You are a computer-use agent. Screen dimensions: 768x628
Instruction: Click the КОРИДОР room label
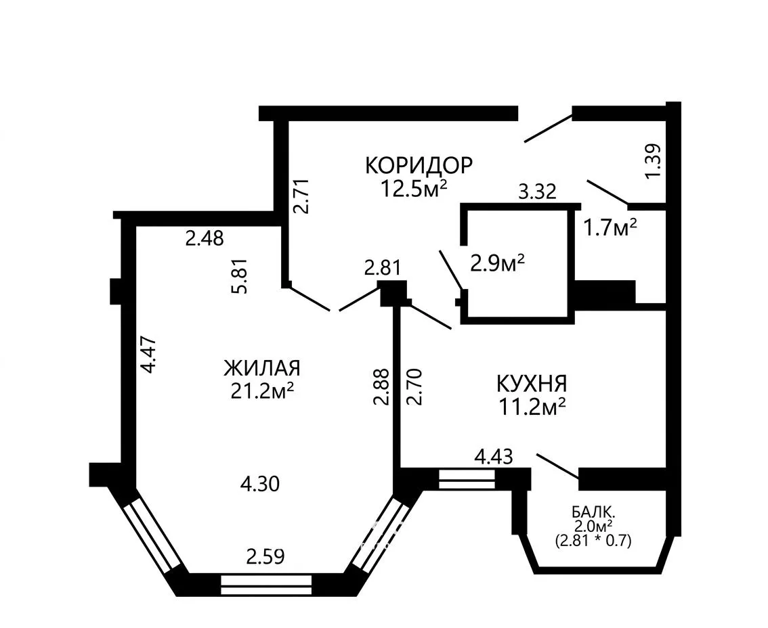[419, 165]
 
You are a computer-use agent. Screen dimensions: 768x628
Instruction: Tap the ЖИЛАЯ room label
[262, 368]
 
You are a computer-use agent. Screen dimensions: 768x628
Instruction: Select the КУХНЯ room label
[532, 384]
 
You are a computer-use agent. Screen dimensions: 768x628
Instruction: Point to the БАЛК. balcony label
[594, 513]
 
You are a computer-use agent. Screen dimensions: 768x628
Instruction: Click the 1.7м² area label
[610, 227]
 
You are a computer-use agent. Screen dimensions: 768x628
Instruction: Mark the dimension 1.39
[654, 161]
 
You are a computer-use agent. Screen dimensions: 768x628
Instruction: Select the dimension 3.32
[538, 192]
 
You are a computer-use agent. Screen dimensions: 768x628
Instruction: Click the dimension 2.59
[265, 556]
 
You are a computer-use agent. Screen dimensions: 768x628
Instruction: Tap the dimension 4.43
[494, 457]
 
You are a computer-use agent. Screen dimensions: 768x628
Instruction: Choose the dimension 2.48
[205, 238]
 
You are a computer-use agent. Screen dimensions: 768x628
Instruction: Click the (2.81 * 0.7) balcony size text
[593, 541]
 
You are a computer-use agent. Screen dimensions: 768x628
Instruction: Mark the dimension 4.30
[260, 484]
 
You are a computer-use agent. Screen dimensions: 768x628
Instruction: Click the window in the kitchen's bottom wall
[467, 479]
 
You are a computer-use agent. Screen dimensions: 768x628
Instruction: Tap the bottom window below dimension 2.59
[266, 585]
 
